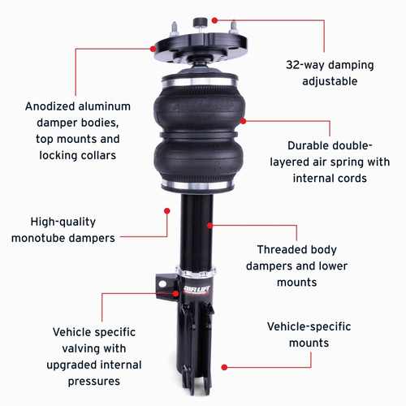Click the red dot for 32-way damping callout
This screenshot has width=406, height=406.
click(x=214, y=19)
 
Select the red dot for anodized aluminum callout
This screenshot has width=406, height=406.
click(x=153, y=48)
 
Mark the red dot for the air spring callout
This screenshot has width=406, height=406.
click(x=243, y=120)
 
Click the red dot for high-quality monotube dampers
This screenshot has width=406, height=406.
click(x=166, y=210)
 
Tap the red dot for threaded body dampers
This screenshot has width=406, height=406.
click(x=210, y=225)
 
